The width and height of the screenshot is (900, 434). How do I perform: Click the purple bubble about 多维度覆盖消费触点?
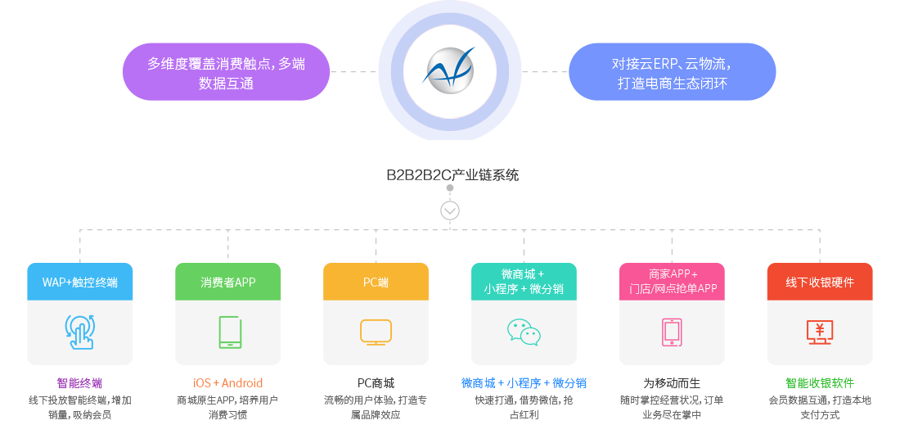pos(226,72)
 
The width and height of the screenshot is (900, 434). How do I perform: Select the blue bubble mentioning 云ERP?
pos(672,72)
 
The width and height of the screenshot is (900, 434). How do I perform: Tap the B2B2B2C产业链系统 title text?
pos(452,174)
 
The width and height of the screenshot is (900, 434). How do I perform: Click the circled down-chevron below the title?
pos(450,210)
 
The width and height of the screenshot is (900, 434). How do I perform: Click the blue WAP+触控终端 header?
pos(80,282)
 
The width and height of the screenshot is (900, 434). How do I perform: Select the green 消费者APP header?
pos(228,282)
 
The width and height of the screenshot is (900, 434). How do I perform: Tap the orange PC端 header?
pos(376,282)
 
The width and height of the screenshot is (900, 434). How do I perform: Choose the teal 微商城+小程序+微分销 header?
pos(524,281)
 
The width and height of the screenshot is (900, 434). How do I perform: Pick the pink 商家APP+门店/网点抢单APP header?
pos(672,281)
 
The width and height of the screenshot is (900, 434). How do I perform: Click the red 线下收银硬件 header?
pos(819,282)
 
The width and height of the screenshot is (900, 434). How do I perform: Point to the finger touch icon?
pos(80,332)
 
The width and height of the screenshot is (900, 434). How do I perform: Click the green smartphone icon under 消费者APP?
pos(228,332)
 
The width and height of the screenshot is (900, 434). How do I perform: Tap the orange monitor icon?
pos(376,332)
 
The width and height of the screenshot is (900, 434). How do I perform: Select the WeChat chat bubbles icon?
pos(524,332)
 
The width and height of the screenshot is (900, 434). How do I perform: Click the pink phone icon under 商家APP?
pos(672,332)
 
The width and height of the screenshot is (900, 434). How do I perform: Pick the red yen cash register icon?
pos(819,331)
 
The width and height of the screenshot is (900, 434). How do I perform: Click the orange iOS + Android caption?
pos(228,383)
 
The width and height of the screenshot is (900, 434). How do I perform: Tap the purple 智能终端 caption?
pos(80,383)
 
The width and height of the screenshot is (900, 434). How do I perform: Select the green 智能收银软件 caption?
pos(819,383)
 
